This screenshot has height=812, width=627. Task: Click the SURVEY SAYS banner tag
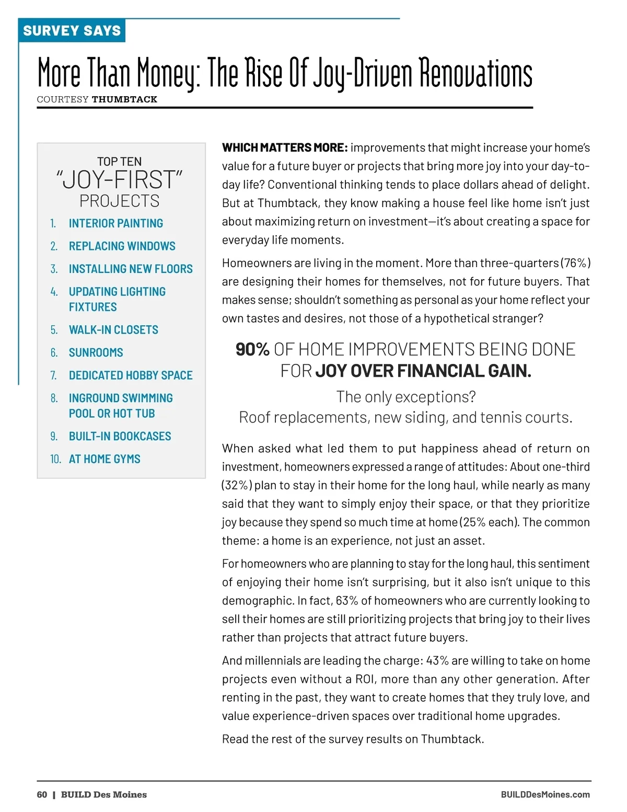[72, 31]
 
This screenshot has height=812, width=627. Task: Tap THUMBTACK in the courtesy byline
[124, 99]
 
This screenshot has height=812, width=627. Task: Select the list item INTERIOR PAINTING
[115, 223]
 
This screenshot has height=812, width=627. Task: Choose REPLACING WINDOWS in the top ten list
[122, 246]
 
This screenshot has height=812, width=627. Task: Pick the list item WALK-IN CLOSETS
[113, 330]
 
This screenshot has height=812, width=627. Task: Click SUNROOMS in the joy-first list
[96, 352]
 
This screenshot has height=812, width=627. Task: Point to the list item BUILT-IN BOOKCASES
[120, 436]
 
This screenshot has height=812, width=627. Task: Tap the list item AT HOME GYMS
[104, 459]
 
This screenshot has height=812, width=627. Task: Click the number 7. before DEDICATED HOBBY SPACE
[53, 375]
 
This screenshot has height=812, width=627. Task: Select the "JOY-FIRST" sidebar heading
[120, 179]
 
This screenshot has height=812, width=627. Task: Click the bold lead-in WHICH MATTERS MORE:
[285, 148]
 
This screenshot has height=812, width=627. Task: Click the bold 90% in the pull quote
[252, 349]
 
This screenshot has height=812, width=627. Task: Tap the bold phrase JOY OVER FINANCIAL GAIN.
[423, 371]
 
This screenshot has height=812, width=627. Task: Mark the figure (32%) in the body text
[237, 485]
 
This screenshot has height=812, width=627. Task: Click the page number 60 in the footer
[42, 795]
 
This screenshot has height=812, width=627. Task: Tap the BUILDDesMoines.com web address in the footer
[545, 795]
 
